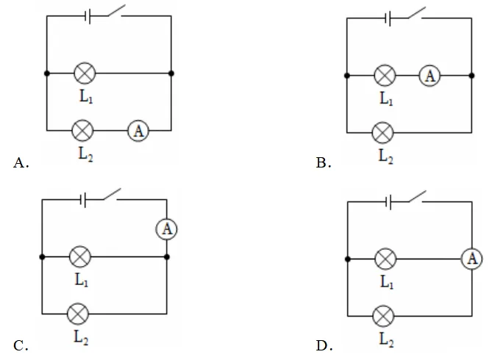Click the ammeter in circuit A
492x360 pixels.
point(138,131)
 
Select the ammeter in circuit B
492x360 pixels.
point(429,76)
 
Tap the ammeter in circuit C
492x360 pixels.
point(167,229)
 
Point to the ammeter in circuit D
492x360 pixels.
point(472,259)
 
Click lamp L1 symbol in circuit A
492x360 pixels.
point(85,73)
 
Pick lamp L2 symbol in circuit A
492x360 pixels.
point(82,131)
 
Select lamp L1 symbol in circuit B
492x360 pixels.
point(385,76)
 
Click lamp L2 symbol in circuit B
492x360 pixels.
point(382,133)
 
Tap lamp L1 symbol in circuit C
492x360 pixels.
point(80,257)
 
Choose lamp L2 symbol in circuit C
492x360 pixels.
point(78,314)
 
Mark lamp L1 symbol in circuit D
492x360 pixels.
point(385,259)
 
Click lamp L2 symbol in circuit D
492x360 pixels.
point(383,316)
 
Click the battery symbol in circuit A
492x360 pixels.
point(88,16)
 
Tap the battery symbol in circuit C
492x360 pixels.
point(83,200)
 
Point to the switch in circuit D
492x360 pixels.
point(417,197)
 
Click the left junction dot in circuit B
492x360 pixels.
point(346,76)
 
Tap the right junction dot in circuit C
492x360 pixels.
point(167,257)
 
